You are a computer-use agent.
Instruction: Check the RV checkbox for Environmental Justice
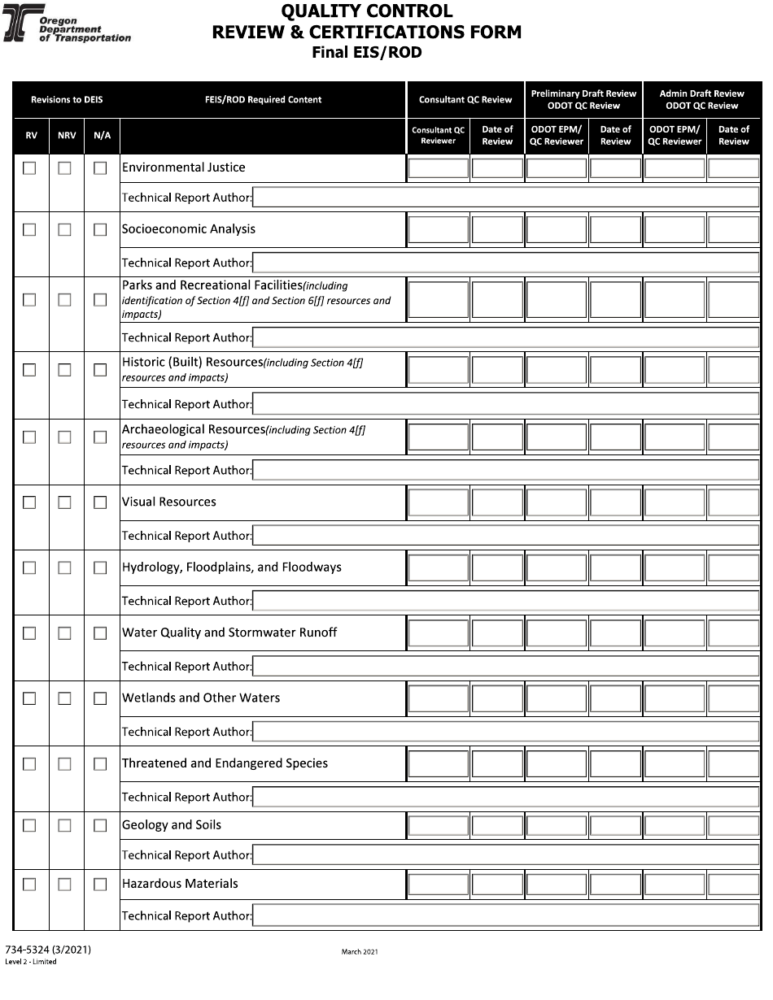click(x=30, y=168)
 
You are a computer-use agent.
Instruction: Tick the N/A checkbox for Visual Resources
click(x=100, y=502)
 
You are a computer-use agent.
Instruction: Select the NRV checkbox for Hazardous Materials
click(x=64, y=884)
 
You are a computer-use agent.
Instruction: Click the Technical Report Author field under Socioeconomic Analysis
click(x=505, y=263)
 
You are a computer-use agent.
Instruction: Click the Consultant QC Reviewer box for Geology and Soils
click(x=439, y=825)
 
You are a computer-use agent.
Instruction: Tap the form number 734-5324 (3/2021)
click(x=48, y=950)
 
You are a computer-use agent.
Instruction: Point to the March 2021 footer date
click(x=359, y=952)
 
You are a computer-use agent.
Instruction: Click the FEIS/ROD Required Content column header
click(x=263, y=100)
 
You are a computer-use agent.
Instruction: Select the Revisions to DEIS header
click(x=67, y=100)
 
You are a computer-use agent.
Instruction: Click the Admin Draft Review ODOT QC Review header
click(x=701, y=100)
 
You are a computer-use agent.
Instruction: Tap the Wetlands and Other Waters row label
click(x=200, y=698)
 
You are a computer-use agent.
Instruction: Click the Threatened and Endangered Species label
click(x=225, y=763)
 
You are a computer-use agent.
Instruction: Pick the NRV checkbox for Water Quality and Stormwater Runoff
click(x=64, y=633)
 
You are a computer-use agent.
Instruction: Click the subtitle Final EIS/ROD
click(x=367, y=54)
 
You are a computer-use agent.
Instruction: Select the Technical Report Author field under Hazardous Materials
click(x=505, y=916)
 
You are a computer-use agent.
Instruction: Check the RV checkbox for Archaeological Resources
click(x=30, y=437)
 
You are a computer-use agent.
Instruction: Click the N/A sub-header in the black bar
click(x=102, y=136)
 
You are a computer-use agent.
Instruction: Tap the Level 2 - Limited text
click(x=31, y=962)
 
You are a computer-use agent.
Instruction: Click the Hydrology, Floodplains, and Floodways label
click(x=231, y=567)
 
